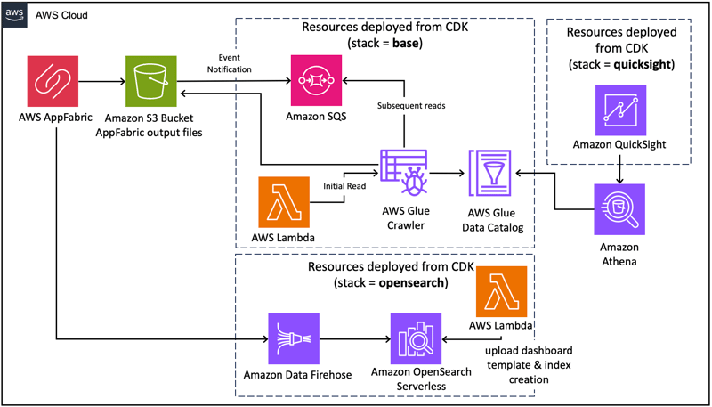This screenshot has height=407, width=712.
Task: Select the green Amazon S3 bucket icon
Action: pos(151,82)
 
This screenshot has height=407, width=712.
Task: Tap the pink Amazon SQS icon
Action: pos(316,80)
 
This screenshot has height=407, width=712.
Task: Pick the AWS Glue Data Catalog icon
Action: pos(489,173)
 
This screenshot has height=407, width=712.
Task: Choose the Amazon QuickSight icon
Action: pos(620,110)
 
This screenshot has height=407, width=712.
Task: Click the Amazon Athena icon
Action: pos(619,209)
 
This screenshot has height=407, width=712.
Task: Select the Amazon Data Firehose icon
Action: pos(294,338)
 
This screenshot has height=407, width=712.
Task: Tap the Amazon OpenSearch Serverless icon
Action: pos(416,338)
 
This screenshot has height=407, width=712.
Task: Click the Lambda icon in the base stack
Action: pos(283,202)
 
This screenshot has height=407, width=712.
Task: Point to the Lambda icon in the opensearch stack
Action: pos(501,291)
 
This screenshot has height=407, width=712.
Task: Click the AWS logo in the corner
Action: pos(15,15)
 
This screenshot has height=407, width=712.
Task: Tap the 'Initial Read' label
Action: pos(344,186)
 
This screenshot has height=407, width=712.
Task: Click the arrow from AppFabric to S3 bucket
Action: pos(102,82)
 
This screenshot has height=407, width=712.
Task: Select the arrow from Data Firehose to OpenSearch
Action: pos(355,338)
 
